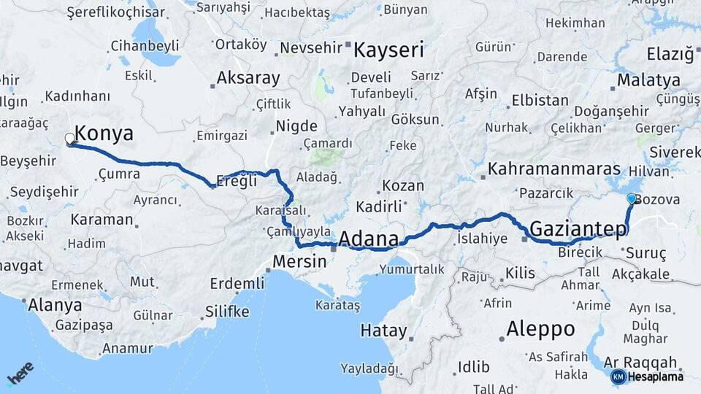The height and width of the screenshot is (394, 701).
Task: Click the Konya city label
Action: tap(104, 134)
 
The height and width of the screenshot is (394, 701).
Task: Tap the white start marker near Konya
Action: tap(70, 138)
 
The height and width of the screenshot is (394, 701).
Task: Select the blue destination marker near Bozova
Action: tap(632, 198)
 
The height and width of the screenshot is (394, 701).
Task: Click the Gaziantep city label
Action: tap(578, 229)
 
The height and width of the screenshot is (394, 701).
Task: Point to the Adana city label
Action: tap(369, 239)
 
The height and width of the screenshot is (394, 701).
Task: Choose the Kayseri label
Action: tap(389, 50)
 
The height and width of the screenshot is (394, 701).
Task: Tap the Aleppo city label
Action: tap(541, 328)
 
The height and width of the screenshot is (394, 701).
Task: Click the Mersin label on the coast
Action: tap(299, 260)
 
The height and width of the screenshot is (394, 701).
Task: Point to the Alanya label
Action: tap(55, 305)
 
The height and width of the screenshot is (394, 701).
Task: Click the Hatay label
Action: tap(383, 331)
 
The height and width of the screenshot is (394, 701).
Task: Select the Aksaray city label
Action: tap(248, 78)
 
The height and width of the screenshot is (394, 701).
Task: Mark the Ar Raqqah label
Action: tap(642, 363)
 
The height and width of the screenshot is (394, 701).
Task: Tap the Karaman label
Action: tap(102, 219)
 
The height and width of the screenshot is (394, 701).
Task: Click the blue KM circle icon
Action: tap(618, 376)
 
